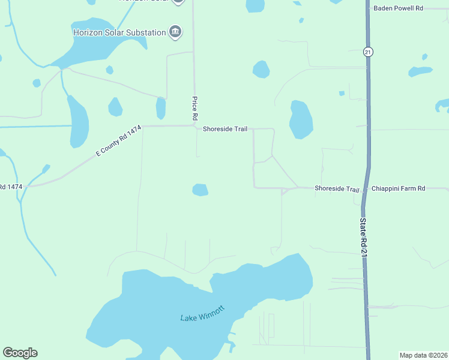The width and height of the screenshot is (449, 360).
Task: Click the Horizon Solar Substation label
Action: pos(119,32)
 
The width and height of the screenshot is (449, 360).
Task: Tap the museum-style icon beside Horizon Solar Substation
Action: pos(175,32)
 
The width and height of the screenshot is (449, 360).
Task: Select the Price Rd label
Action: pos(194,108)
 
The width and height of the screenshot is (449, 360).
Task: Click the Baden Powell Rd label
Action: pos(398,8)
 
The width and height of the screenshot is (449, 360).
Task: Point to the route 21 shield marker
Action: pos(367,52)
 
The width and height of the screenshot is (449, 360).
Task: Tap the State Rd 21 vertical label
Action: pos(363,239)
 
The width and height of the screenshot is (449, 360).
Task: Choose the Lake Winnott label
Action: pos(202,313)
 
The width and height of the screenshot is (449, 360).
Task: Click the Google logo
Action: pos(20,353)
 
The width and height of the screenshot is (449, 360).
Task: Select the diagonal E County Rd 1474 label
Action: pos(118,141)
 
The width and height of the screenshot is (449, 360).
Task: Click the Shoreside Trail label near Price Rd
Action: pos(225,129)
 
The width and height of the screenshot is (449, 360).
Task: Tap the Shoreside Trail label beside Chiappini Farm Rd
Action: pos(337,188)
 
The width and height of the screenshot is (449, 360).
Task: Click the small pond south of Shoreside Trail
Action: pos(200,190)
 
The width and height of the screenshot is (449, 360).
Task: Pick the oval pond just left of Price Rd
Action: pos(161,108)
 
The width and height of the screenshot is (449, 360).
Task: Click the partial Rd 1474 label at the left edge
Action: pos(11,187)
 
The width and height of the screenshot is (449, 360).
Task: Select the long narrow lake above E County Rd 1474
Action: pos(78,122)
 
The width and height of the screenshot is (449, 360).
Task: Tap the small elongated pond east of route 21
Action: pos(420,71)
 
